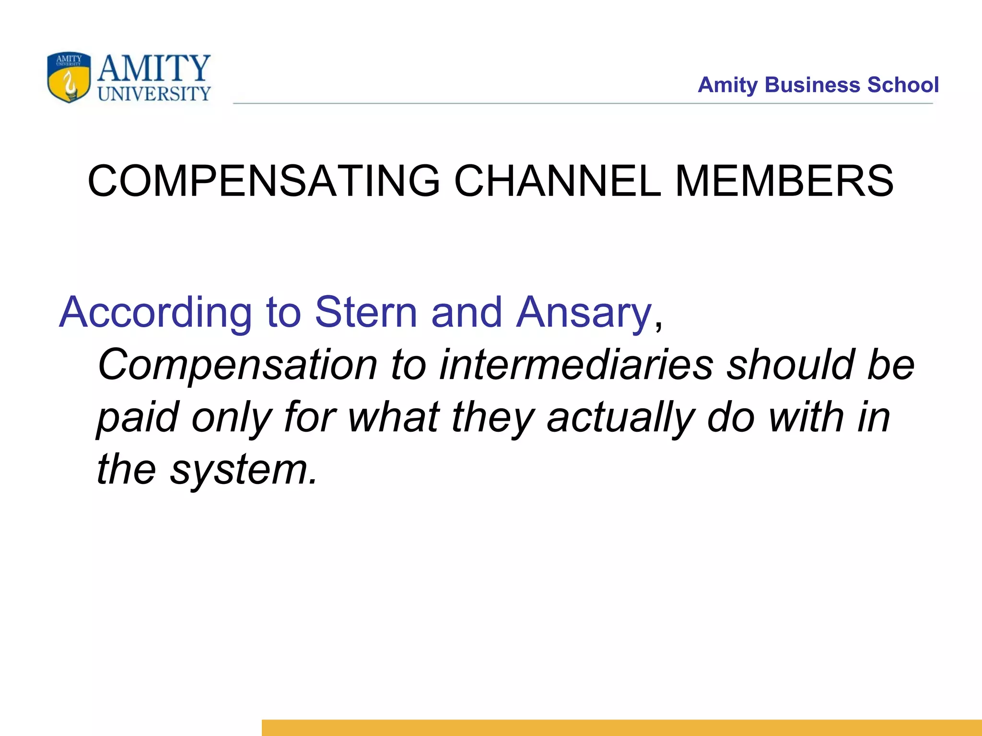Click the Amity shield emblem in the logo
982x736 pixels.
click(69, 77)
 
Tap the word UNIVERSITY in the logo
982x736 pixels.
click(154, 94)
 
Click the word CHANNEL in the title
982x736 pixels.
click(557, 181)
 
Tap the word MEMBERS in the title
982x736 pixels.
click(784, 181)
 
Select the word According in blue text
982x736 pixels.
click(155, 313)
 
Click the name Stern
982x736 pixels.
click(366, 312)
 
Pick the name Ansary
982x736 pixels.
click(584, 313)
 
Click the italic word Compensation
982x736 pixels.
click(237, 365)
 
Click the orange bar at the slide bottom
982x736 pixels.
click(621, 727)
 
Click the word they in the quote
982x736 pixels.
click(492, 418)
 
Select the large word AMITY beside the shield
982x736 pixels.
click(154, 69)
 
